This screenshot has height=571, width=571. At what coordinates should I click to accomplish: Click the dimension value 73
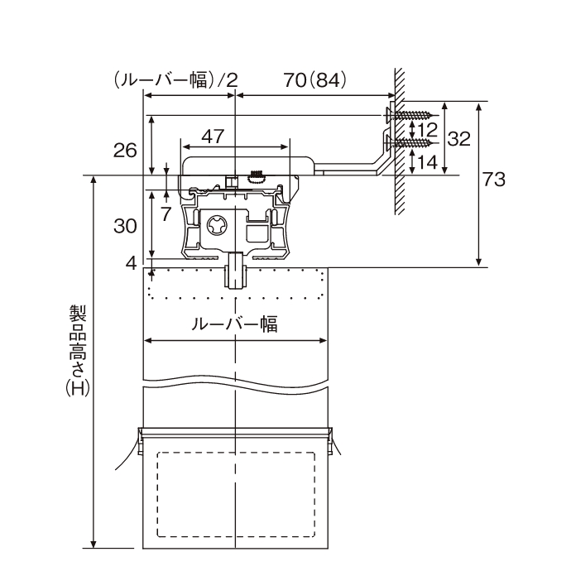495,180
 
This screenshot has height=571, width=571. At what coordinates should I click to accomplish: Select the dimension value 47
213,135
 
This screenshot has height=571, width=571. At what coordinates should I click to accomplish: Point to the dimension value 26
126,150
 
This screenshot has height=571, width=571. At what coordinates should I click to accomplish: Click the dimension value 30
126,225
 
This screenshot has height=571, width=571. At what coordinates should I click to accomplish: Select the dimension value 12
427,130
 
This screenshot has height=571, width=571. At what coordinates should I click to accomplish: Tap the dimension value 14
427,162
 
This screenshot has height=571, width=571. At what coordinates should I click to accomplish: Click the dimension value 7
166,214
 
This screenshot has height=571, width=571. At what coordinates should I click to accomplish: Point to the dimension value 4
131,263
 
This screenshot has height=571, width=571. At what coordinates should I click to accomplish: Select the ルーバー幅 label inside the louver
234,324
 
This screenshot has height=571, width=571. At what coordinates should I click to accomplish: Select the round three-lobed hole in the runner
218,226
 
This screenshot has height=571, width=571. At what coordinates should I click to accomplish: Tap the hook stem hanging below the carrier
236,271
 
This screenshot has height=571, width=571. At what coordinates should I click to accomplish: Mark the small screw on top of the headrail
256,175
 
